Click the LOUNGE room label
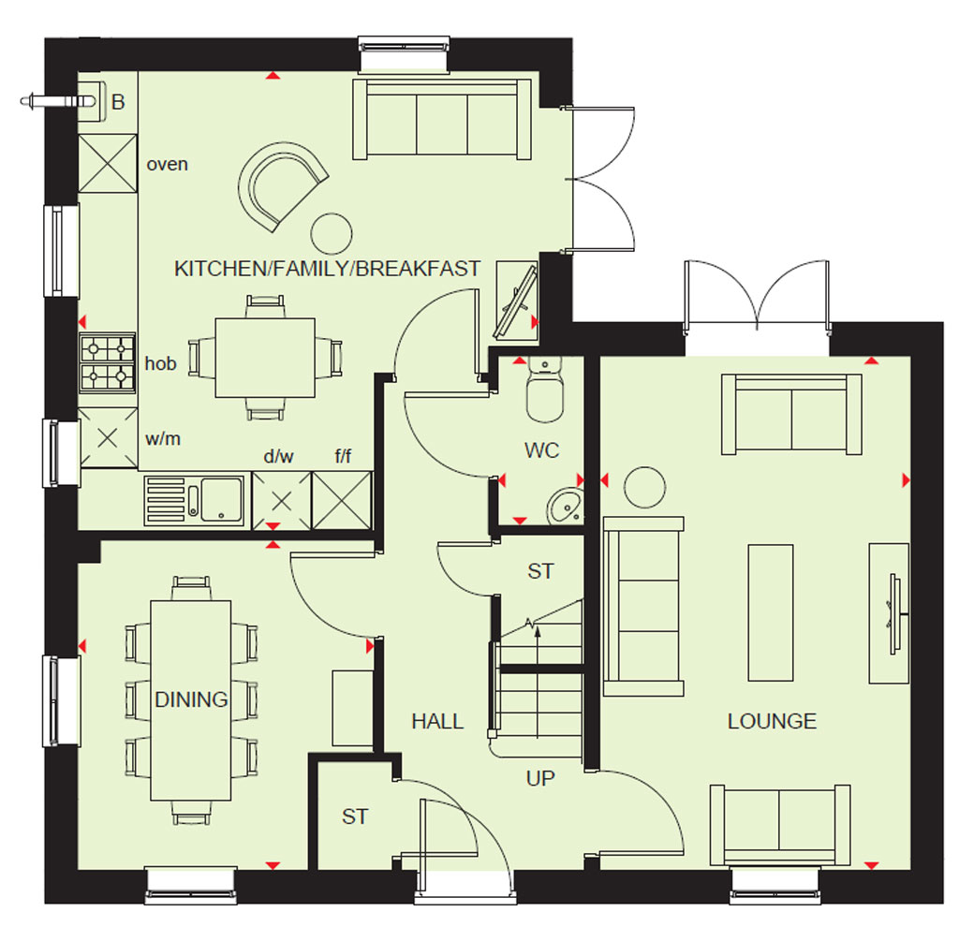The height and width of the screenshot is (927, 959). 772,721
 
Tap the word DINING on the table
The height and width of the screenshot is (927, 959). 191,699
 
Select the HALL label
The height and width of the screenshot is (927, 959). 437,722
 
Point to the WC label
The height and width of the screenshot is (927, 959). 542,450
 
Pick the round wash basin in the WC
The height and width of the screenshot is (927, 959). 566,506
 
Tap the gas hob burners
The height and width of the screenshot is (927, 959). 108,362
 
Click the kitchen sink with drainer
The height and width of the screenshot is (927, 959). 195,501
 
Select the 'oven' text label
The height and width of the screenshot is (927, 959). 167,165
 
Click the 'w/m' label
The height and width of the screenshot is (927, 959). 163,438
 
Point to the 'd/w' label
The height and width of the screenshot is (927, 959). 278,456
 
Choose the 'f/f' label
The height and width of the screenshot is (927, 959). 343,456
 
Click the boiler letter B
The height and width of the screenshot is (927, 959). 118,101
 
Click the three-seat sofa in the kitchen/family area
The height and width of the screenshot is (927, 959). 442,119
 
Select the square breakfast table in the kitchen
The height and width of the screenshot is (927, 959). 265,358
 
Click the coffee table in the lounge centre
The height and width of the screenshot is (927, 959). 771,612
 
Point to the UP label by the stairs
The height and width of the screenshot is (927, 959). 540,778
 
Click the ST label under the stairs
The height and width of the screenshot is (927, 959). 540,571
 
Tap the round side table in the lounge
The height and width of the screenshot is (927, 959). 644,487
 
